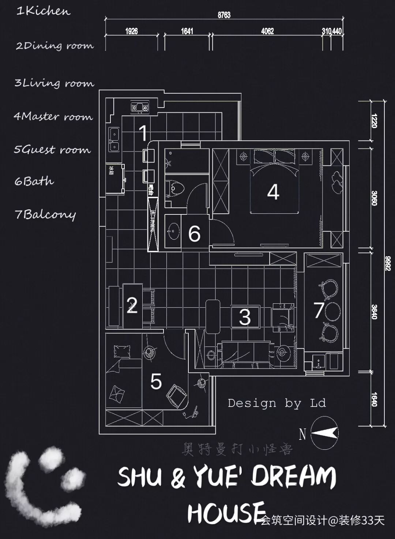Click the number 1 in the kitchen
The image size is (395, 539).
coord(144,132)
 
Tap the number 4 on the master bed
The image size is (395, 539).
coord(273,191)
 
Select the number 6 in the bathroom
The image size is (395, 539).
coord(194,233)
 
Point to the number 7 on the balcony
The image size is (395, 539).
coord(319,310)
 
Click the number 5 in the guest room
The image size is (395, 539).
coord(156,382)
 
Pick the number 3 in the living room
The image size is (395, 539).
coord(245,317)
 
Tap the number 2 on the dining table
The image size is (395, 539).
coord(132,305)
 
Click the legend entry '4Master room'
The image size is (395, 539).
coord(53,117)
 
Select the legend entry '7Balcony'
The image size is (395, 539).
coord(45,214)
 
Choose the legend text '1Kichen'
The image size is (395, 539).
coord(43,11)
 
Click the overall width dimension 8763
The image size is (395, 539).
coord(224,15)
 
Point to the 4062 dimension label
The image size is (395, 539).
coord(267,31)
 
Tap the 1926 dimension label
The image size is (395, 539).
coord(131,31)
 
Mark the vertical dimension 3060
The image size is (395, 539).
coord(374,198)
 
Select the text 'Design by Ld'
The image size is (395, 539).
coord(276,403)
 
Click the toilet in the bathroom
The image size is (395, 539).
coord(176,189)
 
